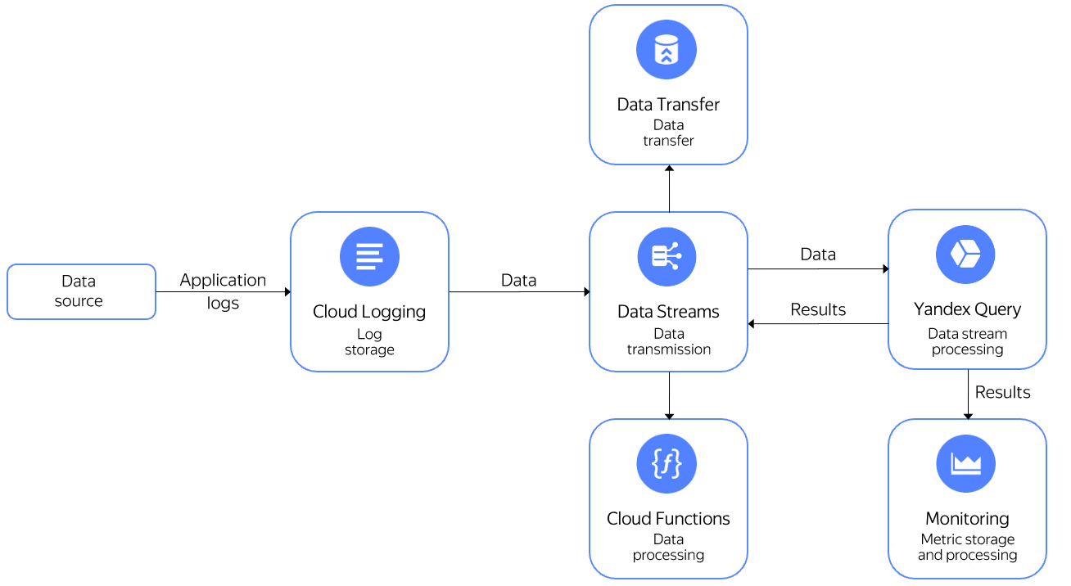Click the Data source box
[x=81, y=291]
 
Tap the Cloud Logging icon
[x=369, y=256]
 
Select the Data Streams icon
[x=667, y=256]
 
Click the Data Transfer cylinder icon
[x=667, y=50]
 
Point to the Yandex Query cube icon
[x=965, y=255]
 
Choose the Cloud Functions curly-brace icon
[x=667, y=463]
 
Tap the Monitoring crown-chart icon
[x=965, y=463]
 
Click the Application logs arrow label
[x=223, y=291]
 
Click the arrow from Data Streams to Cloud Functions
[x=669, y=395]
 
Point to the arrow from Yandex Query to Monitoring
[x=968, y=395]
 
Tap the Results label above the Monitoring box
[x=1002, y=392]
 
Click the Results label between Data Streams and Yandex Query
[x=818, y=309]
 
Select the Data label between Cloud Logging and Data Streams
[x=518, y=280]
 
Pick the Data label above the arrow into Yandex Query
[x=818, y=255]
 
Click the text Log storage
[x=369, y=342]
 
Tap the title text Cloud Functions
[x=668, y=518]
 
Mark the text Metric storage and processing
[x=967, y=547]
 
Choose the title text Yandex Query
[x=967, y=309]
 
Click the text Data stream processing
[x=967, y=341]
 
